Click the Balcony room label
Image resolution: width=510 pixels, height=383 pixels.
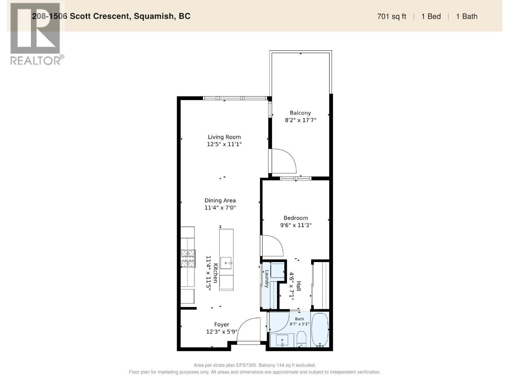pyautogui.click(x=300, y=113)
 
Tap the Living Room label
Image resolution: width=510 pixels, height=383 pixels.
pyautogui.click(x=224, y=137)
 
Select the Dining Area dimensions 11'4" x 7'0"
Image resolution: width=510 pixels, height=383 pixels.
pyautogui.click(x=220, y=207)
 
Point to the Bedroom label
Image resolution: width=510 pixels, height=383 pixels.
pyautogui.click(x=295, y=218)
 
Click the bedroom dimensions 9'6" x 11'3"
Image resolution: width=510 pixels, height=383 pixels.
pyautogui.click(x=295, y=225)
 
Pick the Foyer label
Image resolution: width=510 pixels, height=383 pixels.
pyautogui.click(x=222, y=325)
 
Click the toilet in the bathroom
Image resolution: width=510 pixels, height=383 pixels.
pyautogui.click(x=302, y=339)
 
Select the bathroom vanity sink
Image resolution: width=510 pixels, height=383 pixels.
pyautogui.click(x=282, y=340)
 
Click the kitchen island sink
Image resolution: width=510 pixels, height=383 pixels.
pyautogui.click(x=226, y=263)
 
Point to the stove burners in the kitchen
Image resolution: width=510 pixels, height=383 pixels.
pyautogui.click(x=188, y=258)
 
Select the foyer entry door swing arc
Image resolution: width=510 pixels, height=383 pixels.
pyautogui.click(x=243, y=324)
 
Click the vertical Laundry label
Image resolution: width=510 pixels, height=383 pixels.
pyautogui.click(x=267, y=279)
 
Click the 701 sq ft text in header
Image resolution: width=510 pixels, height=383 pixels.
pyautogui.click(x=391, y=17)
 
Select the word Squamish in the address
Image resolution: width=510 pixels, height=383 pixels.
pyautogui.click(x=154, y=16)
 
